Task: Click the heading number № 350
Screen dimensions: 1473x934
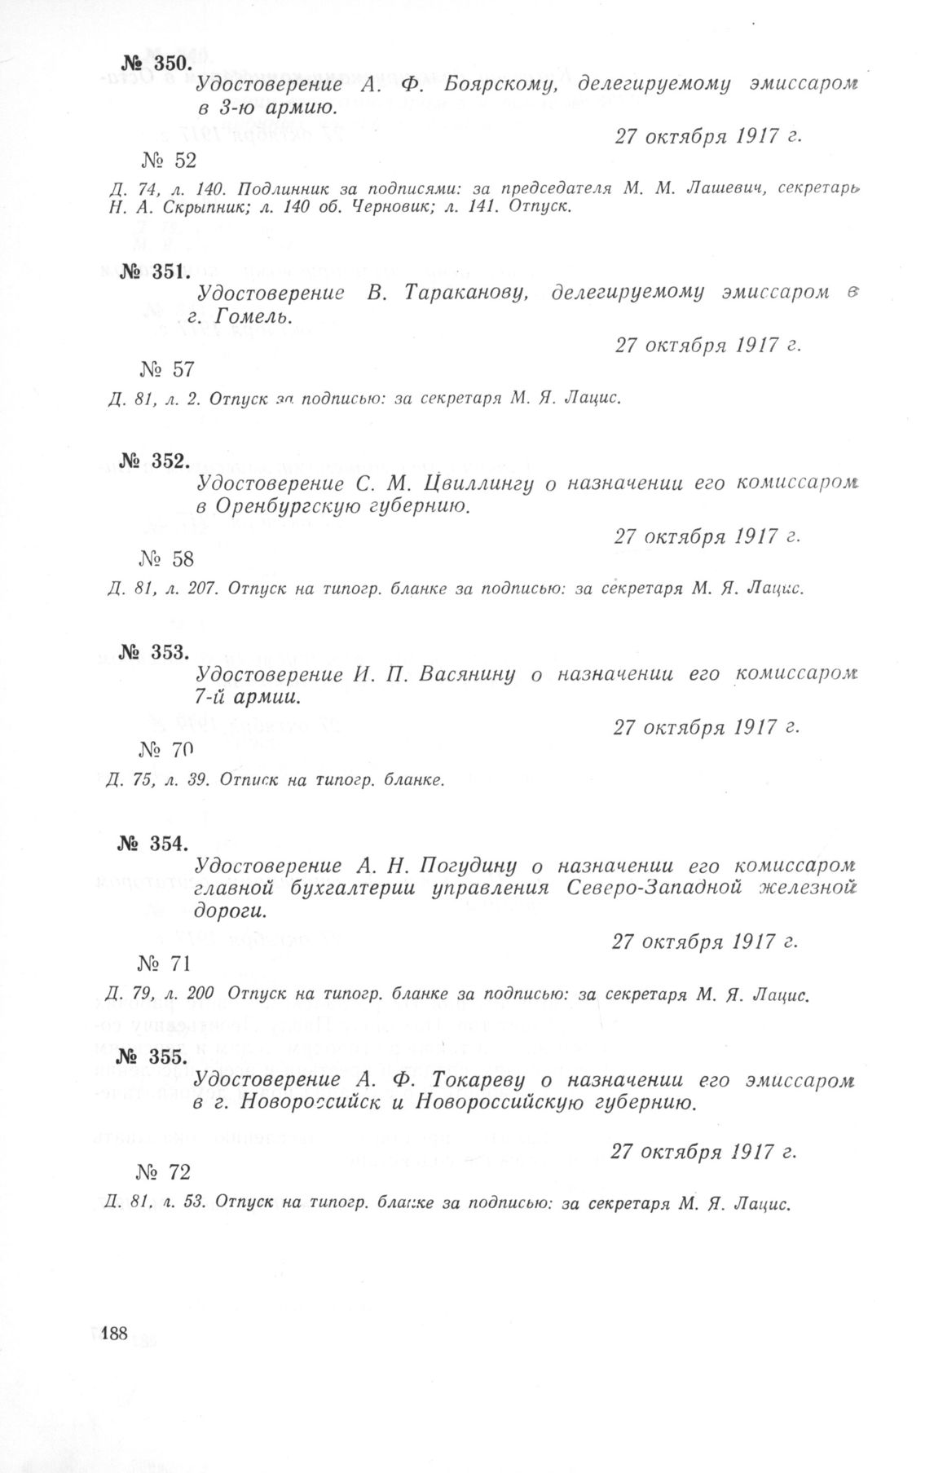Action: click(x=155, y=64)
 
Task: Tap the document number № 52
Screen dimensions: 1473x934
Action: click(x=168, y=161)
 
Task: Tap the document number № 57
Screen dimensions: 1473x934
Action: click(x=167, y=369)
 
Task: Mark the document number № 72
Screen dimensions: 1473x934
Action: click(x=165, y=1172)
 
